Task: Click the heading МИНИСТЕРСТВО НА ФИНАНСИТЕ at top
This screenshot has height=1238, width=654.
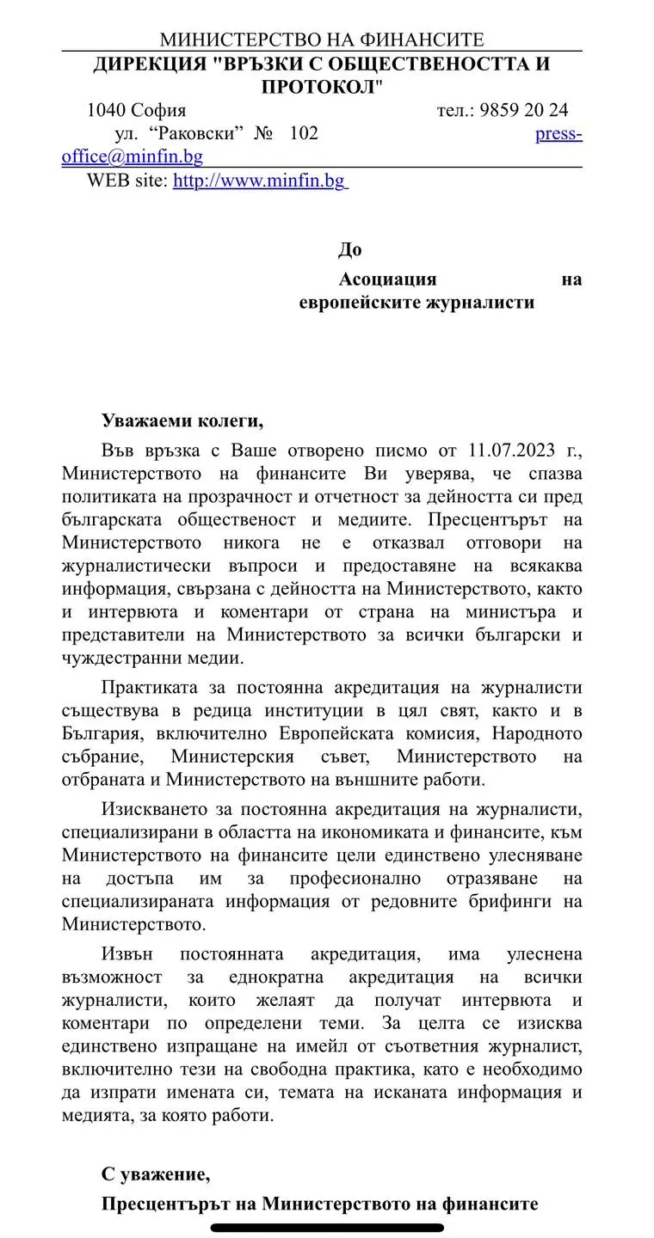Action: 322,40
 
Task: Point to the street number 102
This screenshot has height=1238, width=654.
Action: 304,133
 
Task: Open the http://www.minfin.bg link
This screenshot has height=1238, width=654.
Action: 259,181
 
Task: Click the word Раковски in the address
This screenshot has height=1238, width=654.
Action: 198,133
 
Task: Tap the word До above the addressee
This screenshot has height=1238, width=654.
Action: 349,250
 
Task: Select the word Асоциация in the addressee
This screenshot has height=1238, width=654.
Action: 388,279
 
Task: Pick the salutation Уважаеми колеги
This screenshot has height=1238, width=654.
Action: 181,421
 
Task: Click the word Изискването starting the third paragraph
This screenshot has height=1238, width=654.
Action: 156,809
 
